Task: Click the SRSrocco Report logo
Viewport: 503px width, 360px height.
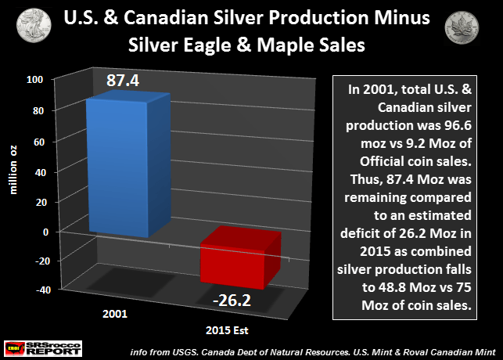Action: tap(40, 346)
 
